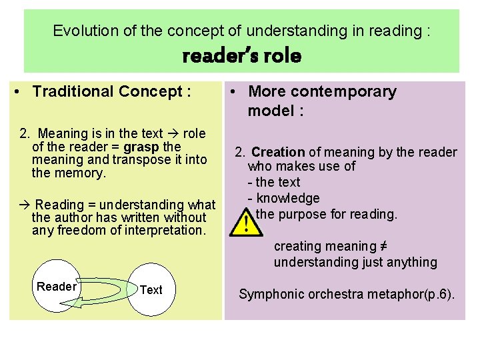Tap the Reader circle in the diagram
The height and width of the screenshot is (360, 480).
point(57,287)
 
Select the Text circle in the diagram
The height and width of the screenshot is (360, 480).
point(151,289)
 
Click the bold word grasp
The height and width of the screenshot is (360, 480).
point(141,147)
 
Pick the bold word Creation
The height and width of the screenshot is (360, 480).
point(278,153)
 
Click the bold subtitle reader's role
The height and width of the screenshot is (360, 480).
point(241,56)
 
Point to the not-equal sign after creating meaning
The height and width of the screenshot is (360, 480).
point(384,246)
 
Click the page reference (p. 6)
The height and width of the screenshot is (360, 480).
point(440,294)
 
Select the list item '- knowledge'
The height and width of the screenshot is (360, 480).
point(283,198)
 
